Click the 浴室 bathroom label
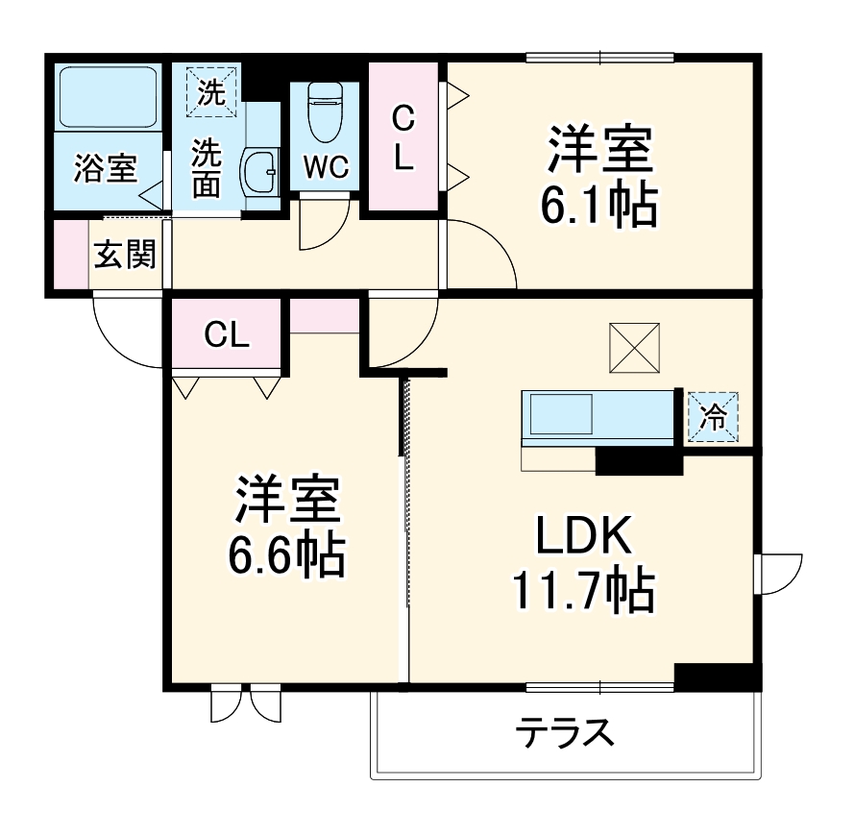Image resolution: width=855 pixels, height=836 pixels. coord(106,169)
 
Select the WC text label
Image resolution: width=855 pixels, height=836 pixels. coord(325,167)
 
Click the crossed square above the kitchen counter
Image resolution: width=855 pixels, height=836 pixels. coord(635,349)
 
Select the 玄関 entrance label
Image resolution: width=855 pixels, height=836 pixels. coord(124,256)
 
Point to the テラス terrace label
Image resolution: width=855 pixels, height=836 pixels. coord(565,734)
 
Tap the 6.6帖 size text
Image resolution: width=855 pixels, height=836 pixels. coord(285,552)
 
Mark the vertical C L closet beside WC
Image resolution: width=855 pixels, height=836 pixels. coord(404,137)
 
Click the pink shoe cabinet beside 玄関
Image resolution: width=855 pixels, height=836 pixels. coord(70,254)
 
